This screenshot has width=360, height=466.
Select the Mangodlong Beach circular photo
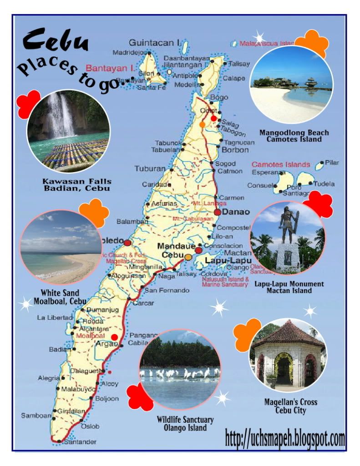pos(291,85)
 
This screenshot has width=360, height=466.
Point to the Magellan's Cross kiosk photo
pos(288,355)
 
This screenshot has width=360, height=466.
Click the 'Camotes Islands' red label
pos(280,164)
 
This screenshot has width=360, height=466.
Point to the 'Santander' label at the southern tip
pos(80,442)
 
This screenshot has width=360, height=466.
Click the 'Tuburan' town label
pos(150,169)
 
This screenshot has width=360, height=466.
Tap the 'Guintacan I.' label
pos(154,43)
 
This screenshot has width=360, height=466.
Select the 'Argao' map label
pos(105,344)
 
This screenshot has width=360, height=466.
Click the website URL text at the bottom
pos(285,439)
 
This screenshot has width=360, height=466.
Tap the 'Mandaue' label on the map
pos(175,246)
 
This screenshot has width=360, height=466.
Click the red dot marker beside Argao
pos(114,337)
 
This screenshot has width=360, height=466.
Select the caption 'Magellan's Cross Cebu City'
pos(290,406)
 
